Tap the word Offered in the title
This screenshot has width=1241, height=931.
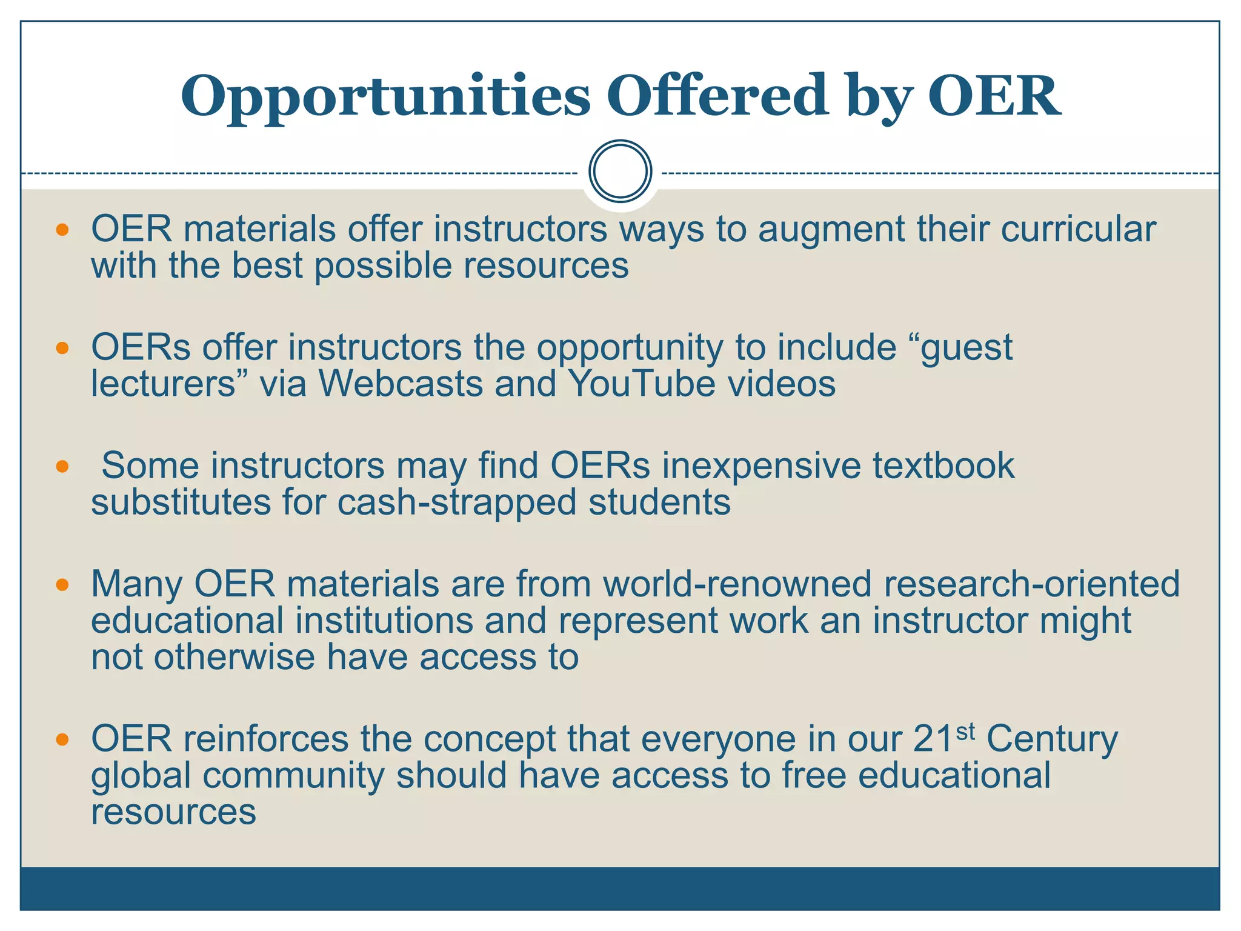click(718, 95)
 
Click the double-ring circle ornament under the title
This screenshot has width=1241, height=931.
click(620, 172)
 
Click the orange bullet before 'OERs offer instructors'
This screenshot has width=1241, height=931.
click(62, 348)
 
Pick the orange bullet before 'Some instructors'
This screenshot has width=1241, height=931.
click(62, 466)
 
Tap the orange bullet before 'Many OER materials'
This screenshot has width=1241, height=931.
click(62, 584)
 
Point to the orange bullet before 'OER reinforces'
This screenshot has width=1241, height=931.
click(62, 739)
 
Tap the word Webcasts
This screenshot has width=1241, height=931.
click(401, 384)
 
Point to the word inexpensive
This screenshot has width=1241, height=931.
click(761, 467)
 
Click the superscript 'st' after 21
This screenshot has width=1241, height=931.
click(965, 732)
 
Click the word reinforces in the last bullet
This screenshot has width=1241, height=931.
click(265, 739)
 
